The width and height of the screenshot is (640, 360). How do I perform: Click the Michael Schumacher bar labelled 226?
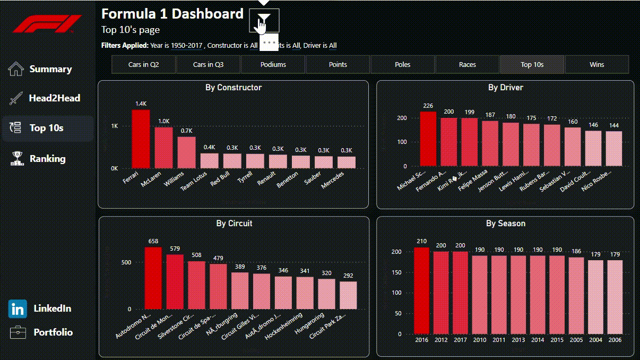click(428, 139)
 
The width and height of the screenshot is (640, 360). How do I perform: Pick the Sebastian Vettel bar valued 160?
click(573, 147)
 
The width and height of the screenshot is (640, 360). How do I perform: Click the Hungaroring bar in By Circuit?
click(326, 294)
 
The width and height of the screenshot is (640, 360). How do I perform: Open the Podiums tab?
click(273, 65)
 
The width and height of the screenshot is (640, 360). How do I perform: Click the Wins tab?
click(597, 65)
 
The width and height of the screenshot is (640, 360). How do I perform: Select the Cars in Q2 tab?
click(144, 65)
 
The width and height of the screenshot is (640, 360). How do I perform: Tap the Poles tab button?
click(403, 65)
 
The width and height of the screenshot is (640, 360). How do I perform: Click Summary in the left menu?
click(50, 69)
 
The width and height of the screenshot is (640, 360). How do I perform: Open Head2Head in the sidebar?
click(55, 98)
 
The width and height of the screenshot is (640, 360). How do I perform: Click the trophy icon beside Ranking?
click(17, 159)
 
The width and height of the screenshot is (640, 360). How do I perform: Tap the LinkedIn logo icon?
click(18, 308)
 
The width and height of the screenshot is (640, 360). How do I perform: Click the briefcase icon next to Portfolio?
click(18, 332)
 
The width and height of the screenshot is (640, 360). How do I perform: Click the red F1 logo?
click(48, 24)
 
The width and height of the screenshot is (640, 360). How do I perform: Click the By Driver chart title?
click(505, 88)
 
